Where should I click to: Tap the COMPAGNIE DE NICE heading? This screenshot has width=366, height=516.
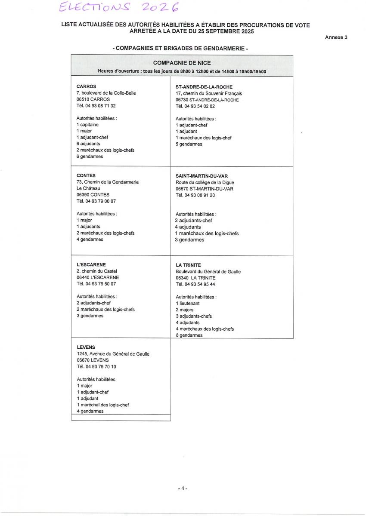click(182, 63)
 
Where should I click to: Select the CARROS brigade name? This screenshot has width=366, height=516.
click(86, 86)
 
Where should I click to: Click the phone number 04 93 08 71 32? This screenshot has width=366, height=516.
click(96, 105)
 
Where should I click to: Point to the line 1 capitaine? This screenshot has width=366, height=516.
click(87, 125)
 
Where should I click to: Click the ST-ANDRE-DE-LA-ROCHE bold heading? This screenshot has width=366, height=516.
click(204, 87)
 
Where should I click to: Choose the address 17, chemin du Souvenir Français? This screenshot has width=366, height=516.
click(209, 93)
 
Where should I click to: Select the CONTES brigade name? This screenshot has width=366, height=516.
click(86, 175)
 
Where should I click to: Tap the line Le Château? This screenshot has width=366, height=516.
click(88, 188)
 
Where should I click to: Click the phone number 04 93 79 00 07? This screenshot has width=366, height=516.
click(96, 201)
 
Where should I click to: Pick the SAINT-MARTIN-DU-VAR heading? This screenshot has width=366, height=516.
click(202, 176)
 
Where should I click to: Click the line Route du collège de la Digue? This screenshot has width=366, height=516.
click(205, 182)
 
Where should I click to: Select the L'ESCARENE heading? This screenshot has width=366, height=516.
click(91, 265)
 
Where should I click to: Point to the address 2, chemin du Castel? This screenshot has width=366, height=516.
click(96, 271)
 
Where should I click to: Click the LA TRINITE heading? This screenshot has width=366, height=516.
click(188, 265)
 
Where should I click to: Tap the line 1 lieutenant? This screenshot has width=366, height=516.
click(188, 303)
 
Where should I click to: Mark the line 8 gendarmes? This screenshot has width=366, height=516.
click(189, 335)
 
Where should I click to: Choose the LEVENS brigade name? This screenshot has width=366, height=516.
click(86, 347)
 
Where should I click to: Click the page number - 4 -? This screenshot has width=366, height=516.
click(183, 488)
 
